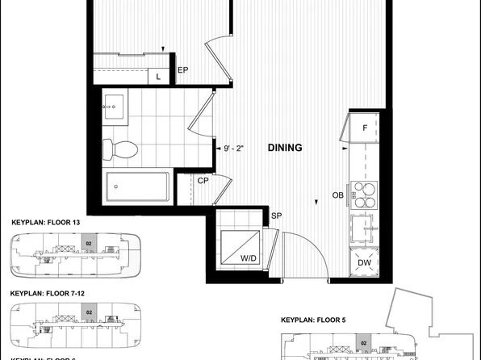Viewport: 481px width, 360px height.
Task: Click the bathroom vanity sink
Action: (x=114, y=106)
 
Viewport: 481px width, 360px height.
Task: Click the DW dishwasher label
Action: (x=364, y=262)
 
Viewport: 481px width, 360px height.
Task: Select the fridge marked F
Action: (x=365, y=128)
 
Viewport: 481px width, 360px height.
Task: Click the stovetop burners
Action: (x=364, y=193)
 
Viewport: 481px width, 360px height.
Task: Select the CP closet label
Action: (x=204, y=181)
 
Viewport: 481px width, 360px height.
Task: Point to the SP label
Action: (x=277, y=216)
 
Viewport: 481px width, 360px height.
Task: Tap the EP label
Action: (x=183, y=70)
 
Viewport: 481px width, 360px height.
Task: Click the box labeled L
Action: (x=158, y=76)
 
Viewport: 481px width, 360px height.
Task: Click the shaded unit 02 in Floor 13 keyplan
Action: (x=90, y=242)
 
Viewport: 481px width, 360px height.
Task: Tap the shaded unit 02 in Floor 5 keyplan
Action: (x=364, y=344)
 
